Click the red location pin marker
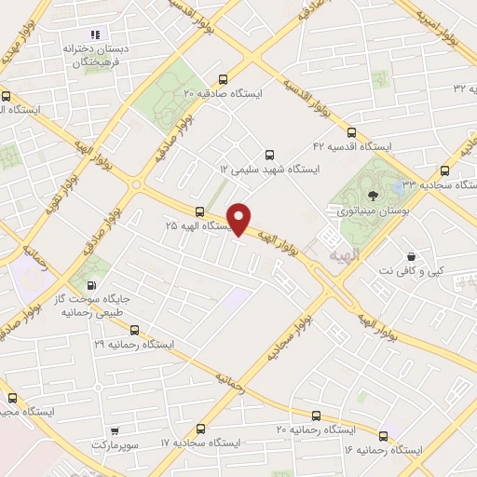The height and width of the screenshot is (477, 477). [239, 219]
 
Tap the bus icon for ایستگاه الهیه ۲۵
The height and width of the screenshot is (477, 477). [199, 211]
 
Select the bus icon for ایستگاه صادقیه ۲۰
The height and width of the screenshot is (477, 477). [221, 79]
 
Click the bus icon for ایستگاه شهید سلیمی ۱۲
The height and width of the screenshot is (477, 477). [270, 155]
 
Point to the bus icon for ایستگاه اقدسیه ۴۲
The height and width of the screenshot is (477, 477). [351, 131]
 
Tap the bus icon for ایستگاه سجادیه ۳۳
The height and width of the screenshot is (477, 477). [444, 170]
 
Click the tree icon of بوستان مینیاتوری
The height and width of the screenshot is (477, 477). [374, 196]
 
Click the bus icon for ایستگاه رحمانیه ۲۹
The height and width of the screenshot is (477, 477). [135, 330]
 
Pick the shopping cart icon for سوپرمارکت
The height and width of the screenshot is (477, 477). [115, 431]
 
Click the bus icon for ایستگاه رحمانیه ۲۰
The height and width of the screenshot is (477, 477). [317, 416]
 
